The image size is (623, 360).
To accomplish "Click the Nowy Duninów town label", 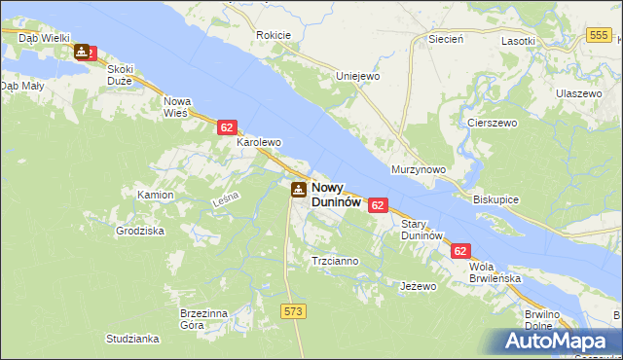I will coord(336,196).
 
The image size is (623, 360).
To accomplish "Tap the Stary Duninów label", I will coord(422,230).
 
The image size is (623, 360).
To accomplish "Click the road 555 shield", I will coord(600,35).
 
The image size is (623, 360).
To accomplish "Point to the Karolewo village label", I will coord(259,142).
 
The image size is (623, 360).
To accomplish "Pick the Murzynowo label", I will coord(418,169).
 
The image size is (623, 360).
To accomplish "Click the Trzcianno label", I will coord(335,261).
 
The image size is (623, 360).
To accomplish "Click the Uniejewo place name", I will coord(356,76).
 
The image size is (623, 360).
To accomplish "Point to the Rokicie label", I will coord(274,35).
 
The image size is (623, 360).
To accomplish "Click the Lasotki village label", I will coord(519,41).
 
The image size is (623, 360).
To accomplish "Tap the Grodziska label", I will coord(140,232).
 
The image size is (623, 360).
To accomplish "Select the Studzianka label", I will coord(133,339).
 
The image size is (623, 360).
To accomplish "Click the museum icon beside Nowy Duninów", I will coord(297,189).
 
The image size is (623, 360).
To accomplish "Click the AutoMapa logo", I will coord(554,342).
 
